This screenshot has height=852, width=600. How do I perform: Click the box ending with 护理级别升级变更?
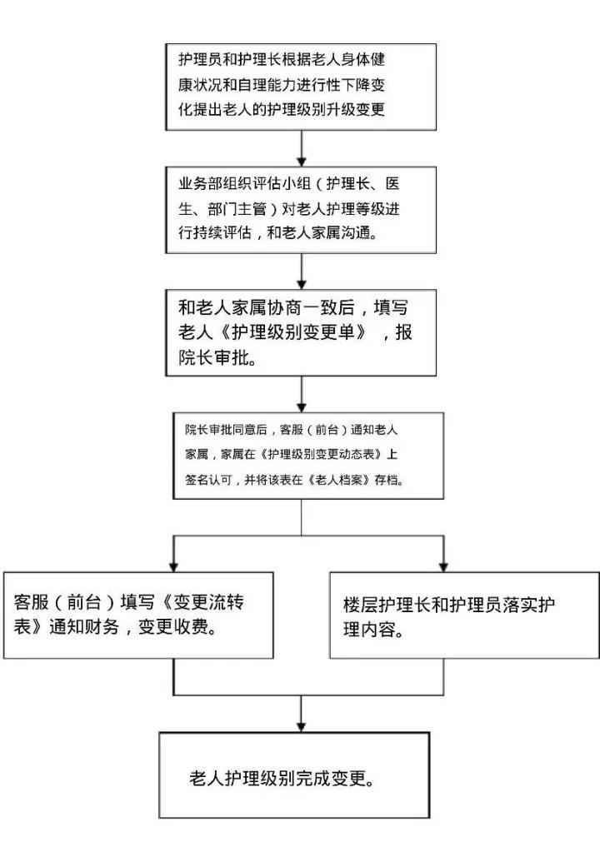pos(301,86)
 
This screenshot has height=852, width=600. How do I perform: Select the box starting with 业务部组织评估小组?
pos(301,208)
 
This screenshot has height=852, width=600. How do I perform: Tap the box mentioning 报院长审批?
pos(301,331)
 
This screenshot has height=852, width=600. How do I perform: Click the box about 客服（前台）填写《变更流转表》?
pos(139,614)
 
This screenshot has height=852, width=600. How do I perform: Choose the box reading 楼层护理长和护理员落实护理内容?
pos(463,615)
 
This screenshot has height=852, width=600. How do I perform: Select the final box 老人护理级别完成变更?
pos(294,775)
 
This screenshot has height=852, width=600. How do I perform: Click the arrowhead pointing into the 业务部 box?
pos(302,159)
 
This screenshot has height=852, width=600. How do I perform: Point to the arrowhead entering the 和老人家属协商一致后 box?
pos(302,281)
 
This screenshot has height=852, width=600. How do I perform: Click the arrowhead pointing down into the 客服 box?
pos(173,564)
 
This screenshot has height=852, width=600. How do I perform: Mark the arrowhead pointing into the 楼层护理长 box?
pos(442,564)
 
